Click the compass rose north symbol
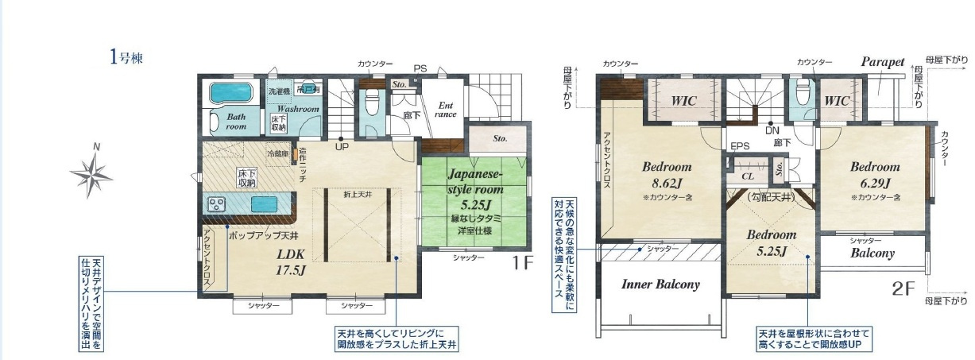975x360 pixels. pyautogui.click(x=93, y=170)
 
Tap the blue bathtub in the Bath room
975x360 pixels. pyautogui.click(x=230, y=92)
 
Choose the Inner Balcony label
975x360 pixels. pyautogui.click(x=660, y=284)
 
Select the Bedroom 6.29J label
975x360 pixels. pyautogui.click(x=874, y=175)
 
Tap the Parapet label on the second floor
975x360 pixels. pyautogui.click(x=883, y=61)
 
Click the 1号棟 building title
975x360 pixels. pyautogui.click(x=126, y=57)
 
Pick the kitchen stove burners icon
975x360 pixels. pyautogui.click(x=217, y=204)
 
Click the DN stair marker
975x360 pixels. pyautogui.click(x=771, y=131)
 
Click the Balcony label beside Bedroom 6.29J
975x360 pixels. pyautogui.click(x=872, y=254)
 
